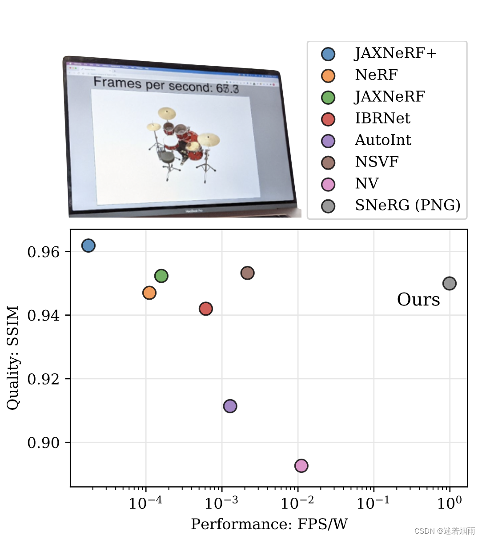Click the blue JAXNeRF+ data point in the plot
coord(88,246)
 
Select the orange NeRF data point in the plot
coord(149,293)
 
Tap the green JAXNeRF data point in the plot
coord(161,276)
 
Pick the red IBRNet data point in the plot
coord(206,309)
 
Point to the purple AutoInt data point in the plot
coord(230,406)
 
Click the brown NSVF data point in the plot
coord(247,273)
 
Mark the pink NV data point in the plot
coord(301,466)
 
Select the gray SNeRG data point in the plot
coord(449,283)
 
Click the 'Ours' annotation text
coord(418,300)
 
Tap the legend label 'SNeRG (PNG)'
coord(407,206)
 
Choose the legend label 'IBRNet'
coord(382,119)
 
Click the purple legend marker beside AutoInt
coord(328,141)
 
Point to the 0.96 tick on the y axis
coord(43,252)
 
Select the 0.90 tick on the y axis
coord(43,443)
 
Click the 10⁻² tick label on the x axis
coord(297,503)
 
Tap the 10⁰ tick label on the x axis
coord(449,503)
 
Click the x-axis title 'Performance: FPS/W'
coord(269,524)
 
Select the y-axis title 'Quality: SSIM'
coord(13,357)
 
